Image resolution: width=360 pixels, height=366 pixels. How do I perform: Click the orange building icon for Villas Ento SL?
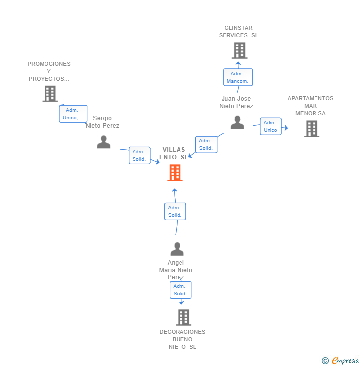point(175,173)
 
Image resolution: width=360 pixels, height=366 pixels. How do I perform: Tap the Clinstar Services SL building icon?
point(240,50)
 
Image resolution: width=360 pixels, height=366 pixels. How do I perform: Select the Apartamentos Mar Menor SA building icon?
point(312,129)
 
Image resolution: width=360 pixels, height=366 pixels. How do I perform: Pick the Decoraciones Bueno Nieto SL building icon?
point(183,318)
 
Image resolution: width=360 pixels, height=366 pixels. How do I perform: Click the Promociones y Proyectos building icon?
point(50,94)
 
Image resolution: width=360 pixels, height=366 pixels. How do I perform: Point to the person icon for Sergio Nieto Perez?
point(103,142)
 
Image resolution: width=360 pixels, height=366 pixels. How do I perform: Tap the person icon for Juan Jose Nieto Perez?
point(237,122)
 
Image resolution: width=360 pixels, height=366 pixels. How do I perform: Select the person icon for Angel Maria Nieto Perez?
point(177,249)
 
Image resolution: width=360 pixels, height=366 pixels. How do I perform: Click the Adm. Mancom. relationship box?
point(238,77)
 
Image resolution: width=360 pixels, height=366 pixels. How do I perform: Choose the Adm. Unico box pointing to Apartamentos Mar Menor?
point(270,126)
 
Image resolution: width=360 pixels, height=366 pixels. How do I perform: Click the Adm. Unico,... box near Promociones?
point(73,114)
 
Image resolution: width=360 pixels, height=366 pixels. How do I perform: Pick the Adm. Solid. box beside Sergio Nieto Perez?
point(139,155)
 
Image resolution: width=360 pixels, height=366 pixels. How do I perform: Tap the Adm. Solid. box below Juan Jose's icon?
point(206,144)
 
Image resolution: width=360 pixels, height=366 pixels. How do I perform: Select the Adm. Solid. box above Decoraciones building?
point(180,290)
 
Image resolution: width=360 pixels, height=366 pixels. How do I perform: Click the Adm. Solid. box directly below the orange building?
point(175,211)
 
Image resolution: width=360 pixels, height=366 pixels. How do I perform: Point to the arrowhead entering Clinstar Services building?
point(238,63)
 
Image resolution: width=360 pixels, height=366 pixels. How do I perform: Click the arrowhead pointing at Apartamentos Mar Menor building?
point(286,128)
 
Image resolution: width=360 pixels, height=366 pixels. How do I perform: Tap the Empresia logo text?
point(345,361)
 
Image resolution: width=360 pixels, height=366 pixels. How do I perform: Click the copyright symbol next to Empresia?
point(325,361)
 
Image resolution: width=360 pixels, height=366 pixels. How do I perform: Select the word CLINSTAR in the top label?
point(238,28)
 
